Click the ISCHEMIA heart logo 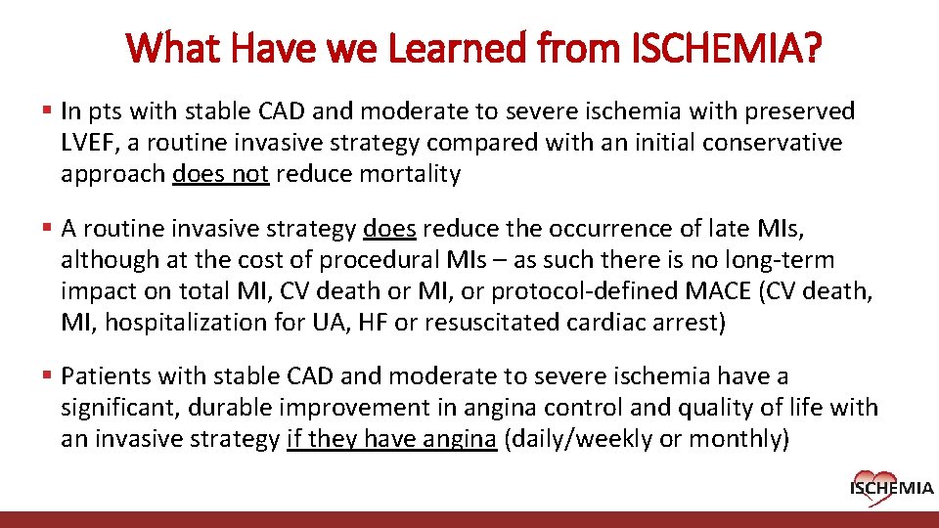coord(891,484)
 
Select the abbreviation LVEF coord(89,143)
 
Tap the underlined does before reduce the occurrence coord(389,229)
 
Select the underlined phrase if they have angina coord(391,439)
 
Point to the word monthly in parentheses coord(732,439)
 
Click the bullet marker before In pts coord(48,111)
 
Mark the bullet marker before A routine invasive coord(48,229)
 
